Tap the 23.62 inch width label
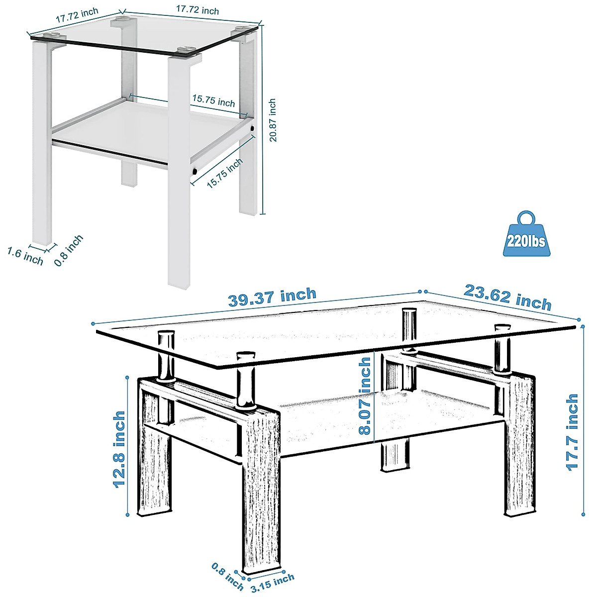[507, 297]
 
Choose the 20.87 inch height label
[272, 120]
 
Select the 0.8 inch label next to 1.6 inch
[69, 250]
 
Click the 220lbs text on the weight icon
[525, 242]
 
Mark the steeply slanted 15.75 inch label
[225, 172]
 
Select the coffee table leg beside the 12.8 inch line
[155, 473]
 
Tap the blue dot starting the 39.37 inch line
[93, 324]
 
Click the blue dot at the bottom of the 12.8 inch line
[128, 515]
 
